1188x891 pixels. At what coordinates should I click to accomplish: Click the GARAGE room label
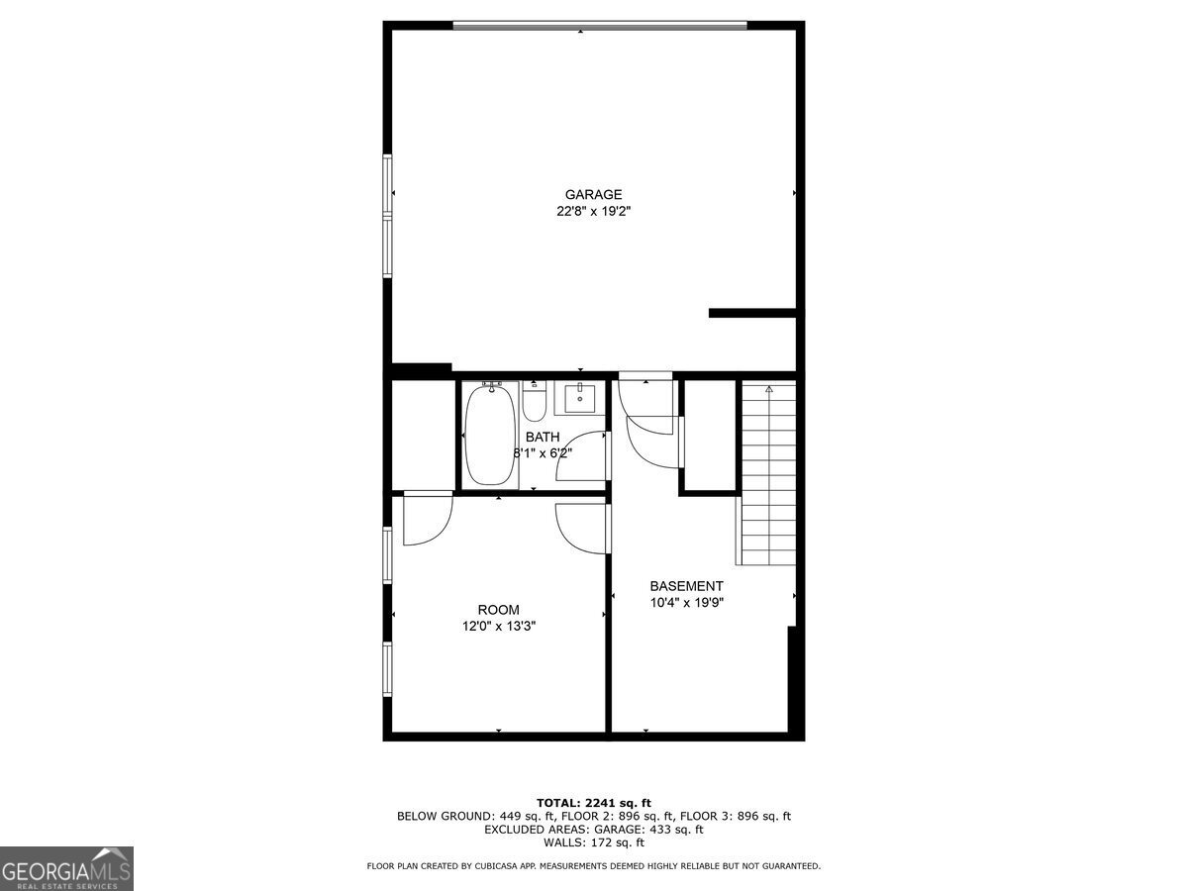pyautogui.click(x=594, y=195)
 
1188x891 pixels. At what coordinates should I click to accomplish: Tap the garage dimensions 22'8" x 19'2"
pyautogui.click(x=594, y=211)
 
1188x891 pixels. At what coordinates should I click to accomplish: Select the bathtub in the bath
pyautogui.click(x=491, y=435)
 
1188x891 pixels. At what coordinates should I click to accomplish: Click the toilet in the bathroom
pyautogui.click(x=535, y=403)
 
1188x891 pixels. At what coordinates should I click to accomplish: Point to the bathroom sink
pyautogui.click(x=579, y=398)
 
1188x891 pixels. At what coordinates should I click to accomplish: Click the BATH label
pyautogui.click(x=543, y=437)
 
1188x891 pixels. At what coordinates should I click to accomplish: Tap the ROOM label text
pyautogui.click(x=498, y=610)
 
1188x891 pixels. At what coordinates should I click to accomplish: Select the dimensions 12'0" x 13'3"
pyautogui.click(x=499, y=626)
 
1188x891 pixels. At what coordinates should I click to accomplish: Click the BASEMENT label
pyautogui.click(x=686, y=586)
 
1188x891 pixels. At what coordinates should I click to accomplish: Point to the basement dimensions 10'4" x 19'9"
pyautogui.click(x=687, y=602)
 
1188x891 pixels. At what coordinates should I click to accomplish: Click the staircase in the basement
pyautogui.click(x=769, y=475)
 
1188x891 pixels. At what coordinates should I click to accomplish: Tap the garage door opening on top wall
pyautogui.click(x=600, y=26)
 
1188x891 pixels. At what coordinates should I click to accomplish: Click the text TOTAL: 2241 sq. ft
pyautogui.click(x=594, y=802)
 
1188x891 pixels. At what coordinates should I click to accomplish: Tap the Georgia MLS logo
pyautogui.click(x=66, y=868)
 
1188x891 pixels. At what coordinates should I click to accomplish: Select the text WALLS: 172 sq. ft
pyautogui.click(x=594, y=843)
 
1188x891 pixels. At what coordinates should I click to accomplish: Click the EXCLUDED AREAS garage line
pyautogui.click(x=594, y=830)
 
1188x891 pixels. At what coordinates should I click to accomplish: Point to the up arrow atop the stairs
pyautogui.click(x=769, y=390)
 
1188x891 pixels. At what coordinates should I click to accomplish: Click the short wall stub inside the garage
pyautogui.click(x=752, y=313)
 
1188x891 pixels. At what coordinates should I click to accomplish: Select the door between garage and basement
pyautogui.click(x=646, y=396)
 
